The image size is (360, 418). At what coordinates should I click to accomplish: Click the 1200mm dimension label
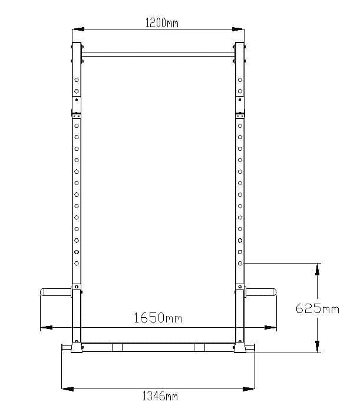(161, 23)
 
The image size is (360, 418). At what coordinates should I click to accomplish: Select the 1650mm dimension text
(157, 318)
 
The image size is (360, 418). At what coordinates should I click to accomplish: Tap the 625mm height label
(318, 308)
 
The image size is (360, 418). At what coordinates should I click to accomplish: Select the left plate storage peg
(55, 291)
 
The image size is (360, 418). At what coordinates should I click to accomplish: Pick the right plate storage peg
(261, 291)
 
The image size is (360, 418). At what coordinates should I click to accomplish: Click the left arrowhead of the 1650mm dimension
(45, 327)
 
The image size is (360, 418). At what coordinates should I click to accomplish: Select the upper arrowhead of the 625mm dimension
(317, 269)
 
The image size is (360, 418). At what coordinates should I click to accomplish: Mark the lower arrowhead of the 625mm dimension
(317, 347)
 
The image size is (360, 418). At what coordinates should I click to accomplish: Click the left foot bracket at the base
(75, 348)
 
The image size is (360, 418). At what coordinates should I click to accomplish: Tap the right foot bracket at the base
(240, 348)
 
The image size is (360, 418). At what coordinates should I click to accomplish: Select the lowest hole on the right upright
(240, 263)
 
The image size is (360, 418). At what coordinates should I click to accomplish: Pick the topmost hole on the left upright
(76, 79)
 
